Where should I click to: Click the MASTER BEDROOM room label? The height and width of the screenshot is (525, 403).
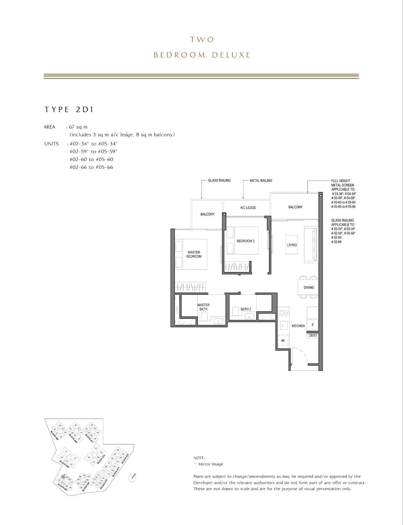[x=194, y=254]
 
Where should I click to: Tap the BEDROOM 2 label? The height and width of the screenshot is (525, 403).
[x=245, y=241]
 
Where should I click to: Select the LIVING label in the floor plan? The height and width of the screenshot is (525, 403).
[x=292, y=245]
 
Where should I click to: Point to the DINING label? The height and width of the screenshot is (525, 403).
[x=309, y=287]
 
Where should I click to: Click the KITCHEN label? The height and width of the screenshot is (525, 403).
[x=298, y=326]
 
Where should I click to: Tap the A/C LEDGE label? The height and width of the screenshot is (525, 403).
[x=248, y=208]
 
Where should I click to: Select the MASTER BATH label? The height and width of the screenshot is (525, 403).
[x=204, y=307]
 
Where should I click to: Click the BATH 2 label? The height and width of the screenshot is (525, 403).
[x=246, y=309]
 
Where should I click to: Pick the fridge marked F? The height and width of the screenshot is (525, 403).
[x=313, y=325]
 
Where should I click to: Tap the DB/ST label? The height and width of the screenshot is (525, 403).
[x=313, y=335]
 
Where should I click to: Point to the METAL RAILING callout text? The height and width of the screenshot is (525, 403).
[x=261, y=181]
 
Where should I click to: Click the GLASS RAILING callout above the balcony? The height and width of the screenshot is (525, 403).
[x=219, y=181]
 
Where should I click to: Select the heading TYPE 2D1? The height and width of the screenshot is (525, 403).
[x=69, y=109]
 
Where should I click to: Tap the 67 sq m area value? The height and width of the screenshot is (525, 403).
[x=78, y=127]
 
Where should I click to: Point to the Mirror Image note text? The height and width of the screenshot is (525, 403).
[x=210, y=464]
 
